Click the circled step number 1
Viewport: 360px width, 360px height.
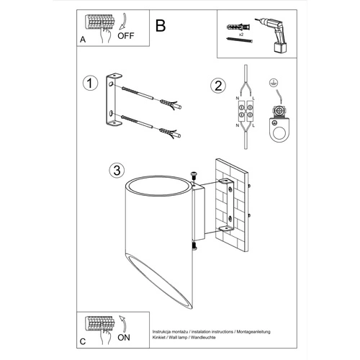89,84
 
